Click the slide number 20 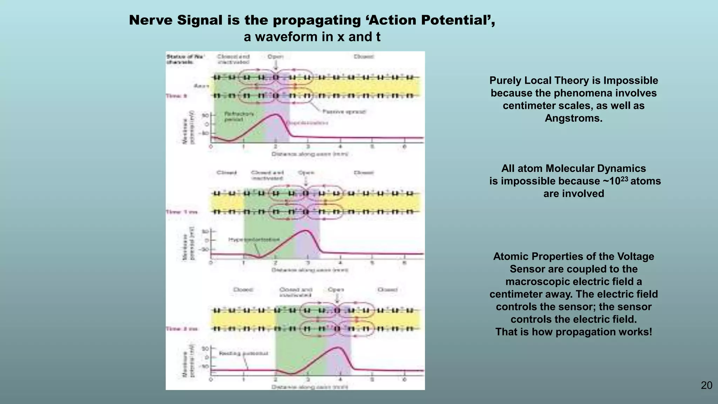tap(706, 385)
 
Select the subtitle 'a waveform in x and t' tap(312, 37)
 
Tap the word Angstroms tap(574, 118)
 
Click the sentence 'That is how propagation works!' tap(574, 332)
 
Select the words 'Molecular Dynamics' tap(596, 168)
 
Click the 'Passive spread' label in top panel tap(344, 112)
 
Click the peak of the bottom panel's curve tap(337, 347)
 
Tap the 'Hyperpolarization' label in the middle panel tap(254, 240)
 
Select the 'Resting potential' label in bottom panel tap(243, 353)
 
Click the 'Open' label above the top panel tap(275, 56)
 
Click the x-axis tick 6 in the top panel tap(404, 147)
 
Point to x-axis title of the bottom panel tap(310, 387)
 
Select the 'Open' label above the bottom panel tap(336, 290)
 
